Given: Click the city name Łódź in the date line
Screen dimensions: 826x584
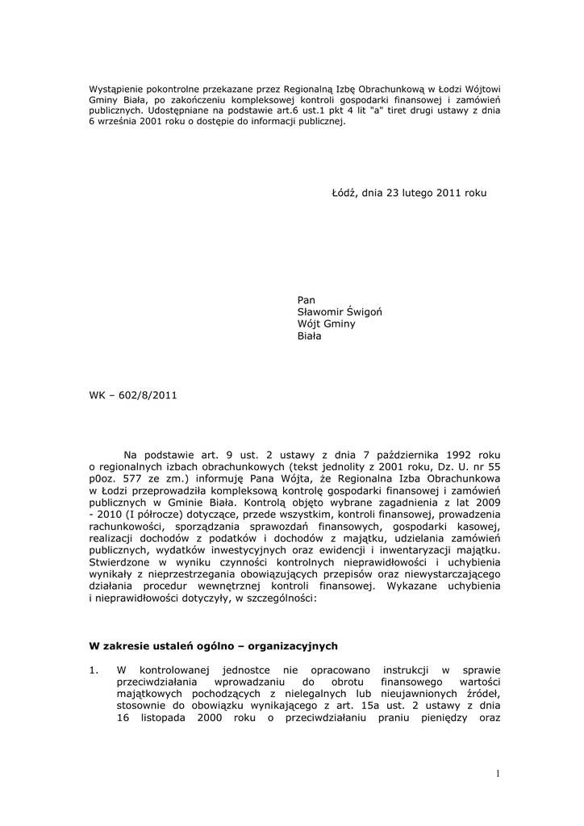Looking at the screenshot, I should [x=344, y=194].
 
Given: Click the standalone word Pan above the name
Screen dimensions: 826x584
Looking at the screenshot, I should [x=307, y=300].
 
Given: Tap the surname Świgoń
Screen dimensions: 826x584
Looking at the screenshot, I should [x=376, y=312].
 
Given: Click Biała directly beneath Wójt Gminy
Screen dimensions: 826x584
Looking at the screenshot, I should [x=310, y=336].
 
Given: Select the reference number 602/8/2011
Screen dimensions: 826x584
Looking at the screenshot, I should [x=148, y=395].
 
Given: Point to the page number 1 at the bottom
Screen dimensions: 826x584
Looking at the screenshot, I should [x=498, y=774].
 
